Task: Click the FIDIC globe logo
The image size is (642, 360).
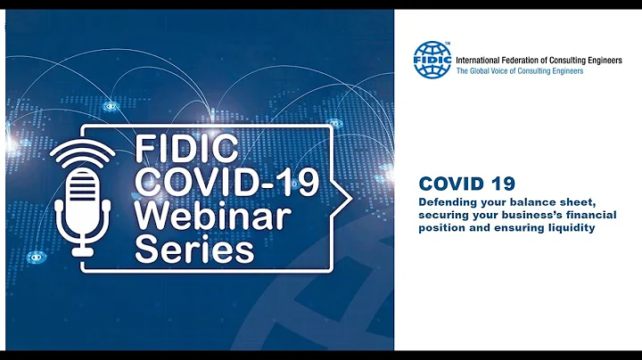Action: (x=433, y=60)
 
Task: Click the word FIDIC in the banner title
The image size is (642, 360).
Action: (x=179, y=146)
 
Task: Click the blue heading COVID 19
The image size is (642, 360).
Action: (x=466, y=184)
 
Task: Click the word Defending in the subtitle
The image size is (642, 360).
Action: (x=444, y=202)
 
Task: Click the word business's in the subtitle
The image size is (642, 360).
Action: (x=530, y=215)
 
